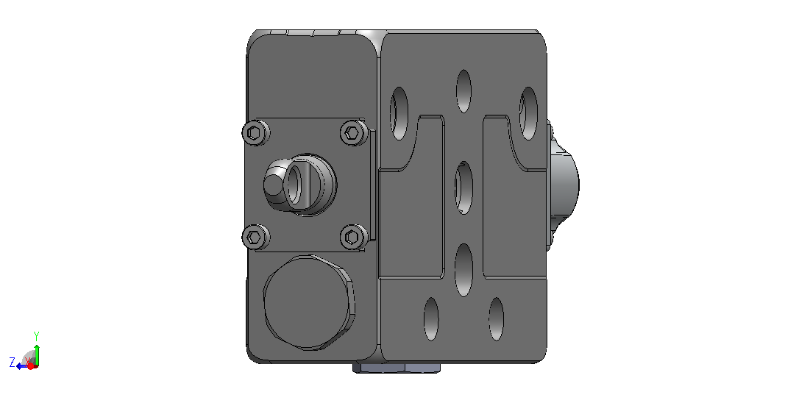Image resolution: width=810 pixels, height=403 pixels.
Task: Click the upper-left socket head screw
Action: pyautogui.click(x=256, y=133)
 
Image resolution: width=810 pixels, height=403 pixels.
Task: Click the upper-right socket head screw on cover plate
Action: pyautogui.click(x=354, y=133)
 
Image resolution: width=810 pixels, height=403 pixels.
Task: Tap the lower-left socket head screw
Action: pyautogui.click(x=256, y=237)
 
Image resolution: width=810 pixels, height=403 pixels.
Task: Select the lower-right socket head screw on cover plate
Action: pyautogui.click(x=354, y=237)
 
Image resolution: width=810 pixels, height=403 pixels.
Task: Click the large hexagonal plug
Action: pyautogui.click(x=310, y=302)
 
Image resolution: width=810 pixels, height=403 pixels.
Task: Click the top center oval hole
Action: pyautogui.click(x=463, y=91)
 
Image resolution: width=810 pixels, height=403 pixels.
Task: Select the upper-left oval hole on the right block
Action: pyautogui.click(x=399, y=113)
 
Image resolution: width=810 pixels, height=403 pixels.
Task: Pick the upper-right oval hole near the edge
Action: pyautogui.click(x=528, y=113)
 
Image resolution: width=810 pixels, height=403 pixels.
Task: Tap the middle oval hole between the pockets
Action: pyautogui.click(x=463, y=188)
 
